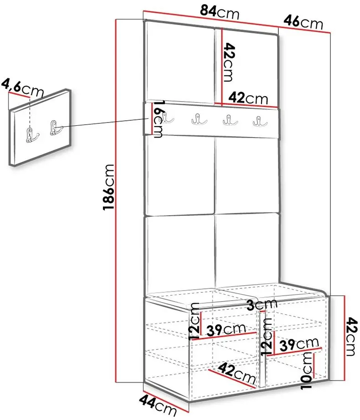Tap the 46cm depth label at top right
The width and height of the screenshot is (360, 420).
click(303, 22)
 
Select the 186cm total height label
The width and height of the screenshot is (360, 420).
click(109, 187)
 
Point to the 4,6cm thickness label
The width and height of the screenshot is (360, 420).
click(22, 87)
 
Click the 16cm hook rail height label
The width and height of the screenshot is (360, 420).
click(158, 119)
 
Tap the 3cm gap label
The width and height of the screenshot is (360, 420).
click(262, 304)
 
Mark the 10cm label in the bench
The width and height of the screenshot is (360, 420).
click(307, 371)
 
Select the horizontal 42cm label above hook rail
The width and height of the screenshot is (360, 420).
click(248, 98)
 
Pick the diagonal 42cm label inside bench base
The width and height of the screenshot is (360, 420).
click(237, 374)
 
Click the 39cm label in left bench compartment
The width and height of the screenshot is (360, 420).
click(226, 330)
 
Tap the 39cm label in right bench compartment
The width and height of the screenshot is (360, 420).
click(299, 344)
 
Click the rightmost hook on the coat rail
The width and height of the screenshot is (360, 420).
click(260, 121)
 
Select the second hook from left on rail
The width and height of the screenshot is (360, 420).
click(199, 119)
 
